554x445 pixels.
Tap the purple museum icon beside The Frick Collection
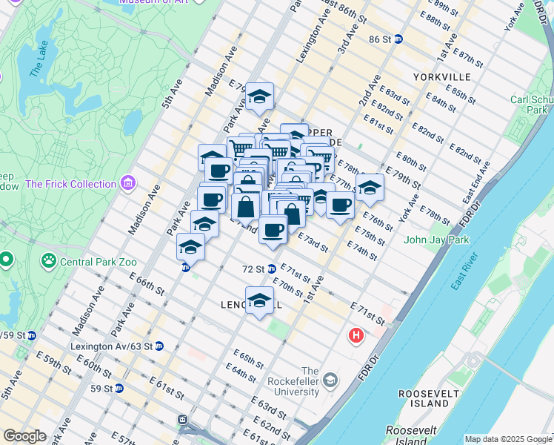pos(129,182)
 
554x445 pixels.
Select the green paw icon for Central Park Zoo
pos(49,260)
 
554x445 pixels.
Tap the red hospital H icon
pos(356,336)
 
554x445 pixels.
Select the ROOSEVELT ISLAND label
pos(424,398)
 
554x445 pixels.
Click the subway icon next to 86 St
pos(398,39)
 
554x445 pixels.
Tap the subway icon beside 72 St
pos(272,268)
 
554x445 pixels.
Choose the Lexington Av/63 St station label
pos(111,346)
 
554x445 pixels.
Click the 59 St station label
pos(100,388)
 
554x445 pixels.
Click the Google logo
pos(24,436)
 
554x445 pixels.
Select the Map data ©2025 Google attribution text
pos(507,439)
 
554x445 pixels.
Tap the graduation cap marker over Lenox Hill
pos(259,301)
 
